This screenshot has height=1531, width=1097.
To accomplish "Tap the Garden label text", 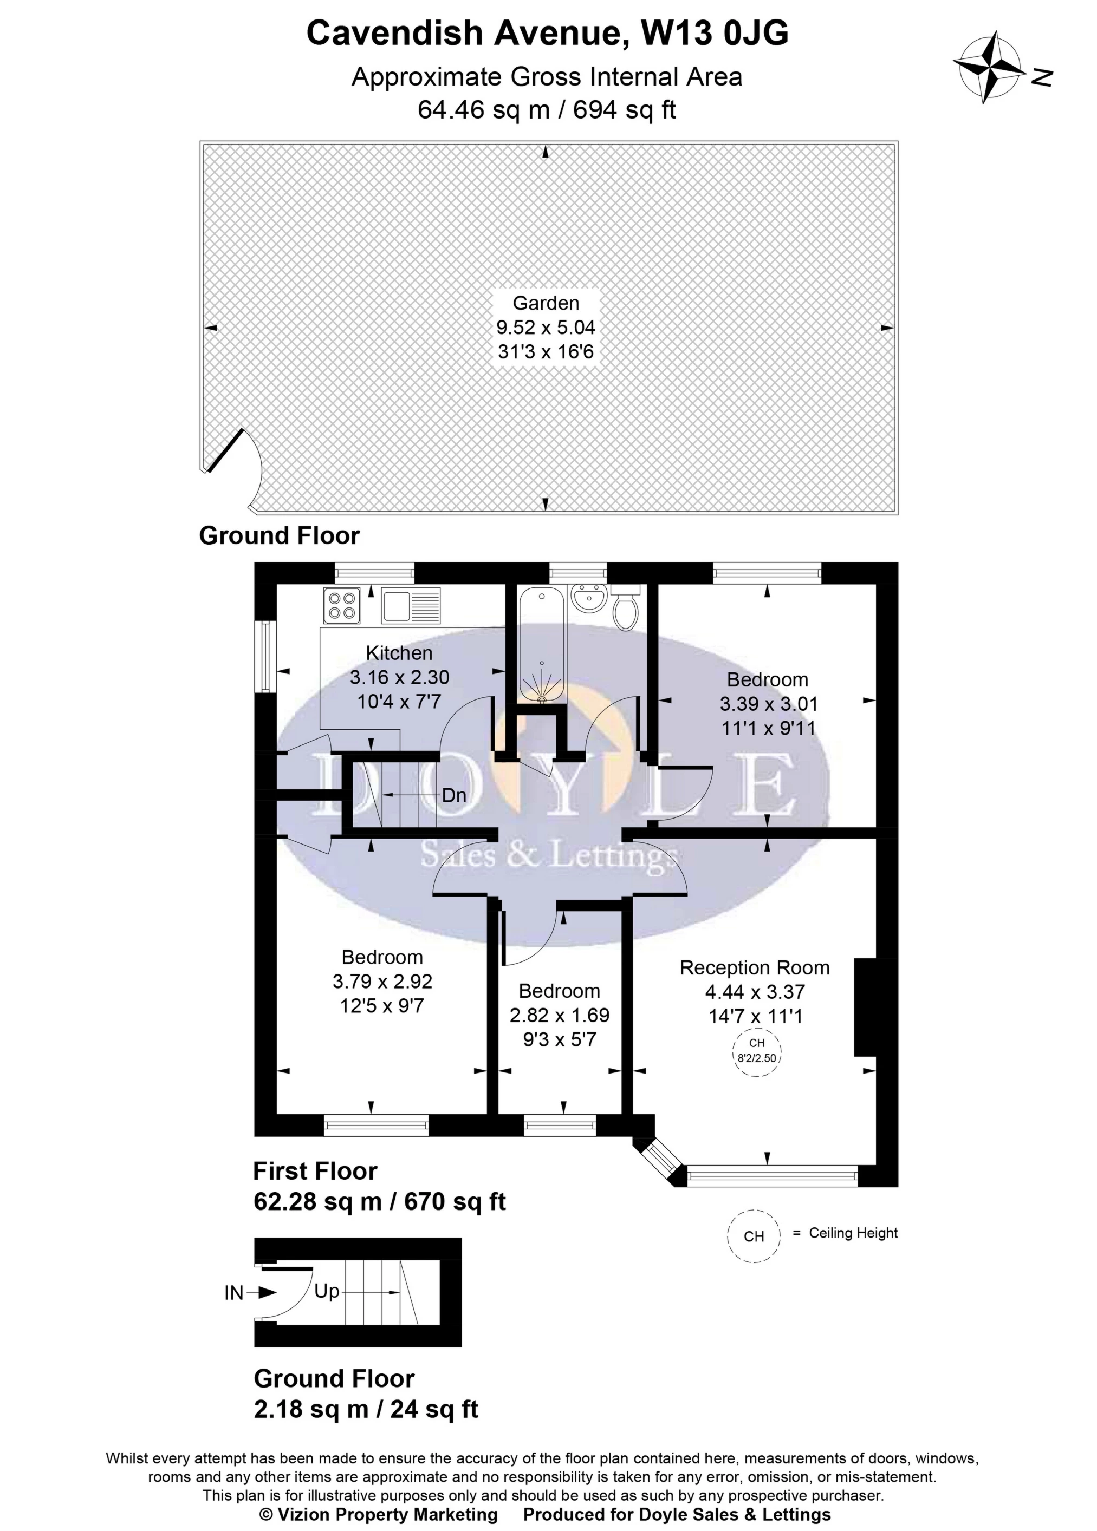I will tap(546, 303).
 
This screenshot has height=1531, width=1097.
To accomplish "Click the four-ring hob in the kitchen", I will tap(342, 605).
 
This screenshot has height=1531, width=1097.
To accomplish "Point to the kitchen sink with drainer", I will tap(411, 605).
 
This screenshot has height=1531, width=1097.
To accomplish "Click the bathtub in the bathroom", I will tap(542, 645).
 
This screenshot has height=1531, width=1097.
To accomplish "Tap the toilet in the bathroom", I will tap(626, 610).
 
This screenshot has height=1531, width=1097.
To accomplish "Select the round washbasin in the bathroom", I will tap(589, 598).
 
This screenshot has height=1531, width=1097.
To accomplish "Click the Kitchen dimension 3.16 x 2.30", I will tap(399, 677).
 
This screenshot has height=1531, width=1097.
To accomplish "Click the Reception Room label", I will tap(755, 968).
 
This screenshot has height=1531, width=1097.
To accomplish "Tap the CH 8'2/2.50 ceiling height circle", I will tap(757, 1052).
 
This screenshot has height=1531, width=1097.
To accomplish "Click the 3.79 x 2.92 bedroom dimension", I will tap(382, 982).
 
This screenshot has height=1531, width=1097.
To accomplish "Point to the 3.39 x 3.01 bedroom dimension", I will tap(768, 704).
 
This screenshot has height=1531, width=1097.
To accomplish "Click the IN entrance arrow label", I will tap(235, 1293).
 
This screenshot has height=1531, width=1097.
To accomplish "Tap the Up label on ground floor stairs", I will tap(327, 1291).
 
